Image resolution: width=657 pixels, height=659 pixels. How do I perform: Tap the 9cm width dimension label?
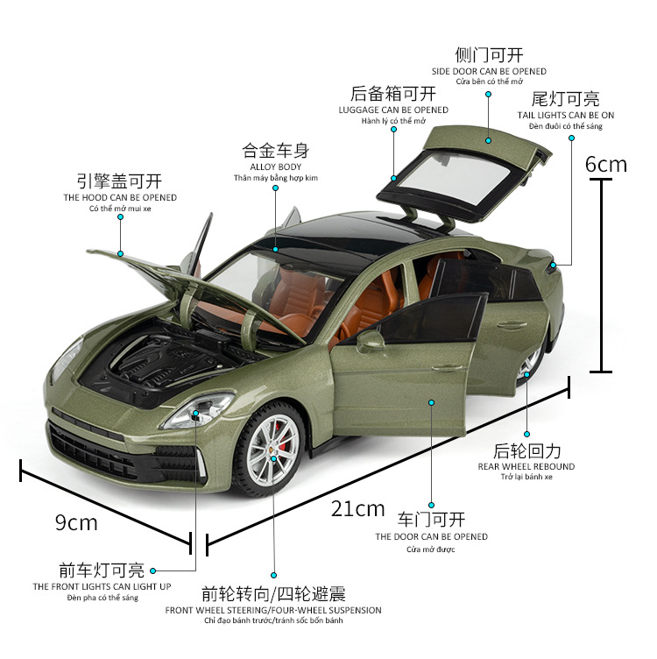76,523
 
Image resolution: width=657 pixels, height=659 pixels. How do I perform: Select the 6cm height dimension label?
606,164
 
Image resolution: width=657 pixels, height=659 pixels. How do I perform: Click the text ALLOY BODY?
275,166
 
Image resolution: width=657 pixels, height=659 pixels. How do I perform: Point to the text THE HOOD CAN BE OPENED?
119,198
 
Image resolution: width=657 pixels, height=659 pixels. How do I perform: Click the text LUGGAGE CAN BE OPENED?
393,110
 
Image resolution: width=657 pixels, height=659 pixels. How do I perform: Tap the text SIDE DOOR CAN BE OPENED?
489,71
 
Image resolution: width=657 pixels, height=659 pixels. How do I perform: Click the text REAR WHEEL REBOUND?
526,466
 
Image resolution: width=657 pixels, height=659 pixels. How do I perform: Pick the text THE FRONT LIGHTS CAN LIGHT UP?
102,586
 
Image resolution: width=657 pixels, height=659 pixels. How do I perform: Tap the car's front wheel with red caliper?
272,443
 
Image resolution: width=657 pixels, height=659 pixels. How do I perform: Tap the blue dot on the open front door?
432,402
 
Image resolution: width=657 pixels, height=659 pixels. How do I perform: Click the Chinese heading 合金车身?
275,150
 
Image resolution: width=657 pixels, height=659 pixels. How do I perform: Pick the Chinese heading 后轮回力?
526,450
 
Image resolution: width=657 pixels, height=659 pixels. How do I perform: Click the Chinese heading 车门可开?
432,519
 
